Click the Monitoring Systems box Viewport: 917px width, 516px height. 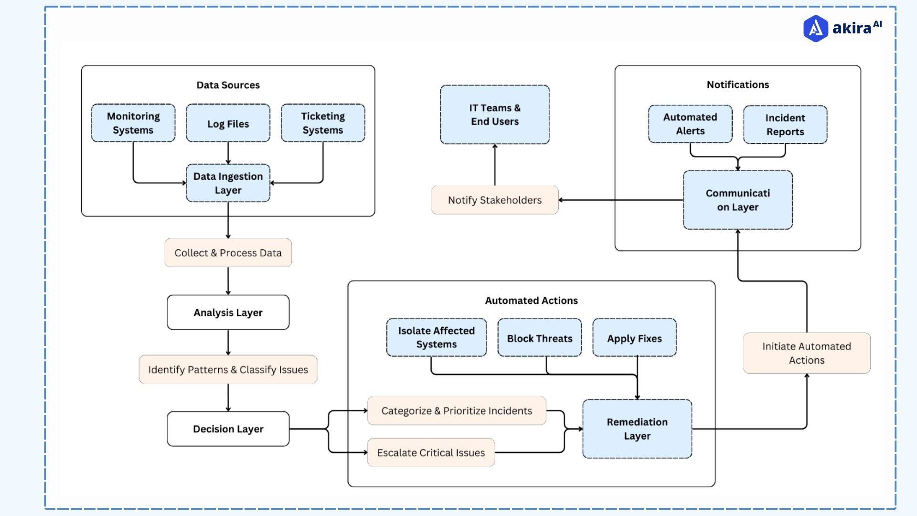point(133,123)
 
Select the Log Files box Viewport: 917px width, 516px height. point(228,123)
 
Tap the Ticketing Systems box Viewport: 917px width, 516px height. point(323,123)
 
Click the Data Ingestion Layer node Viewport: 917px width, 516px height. point(228,183)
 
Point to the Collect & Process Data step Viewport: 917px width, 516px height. point(228,253)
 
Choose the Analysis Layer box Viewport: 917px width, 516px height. point(228,312)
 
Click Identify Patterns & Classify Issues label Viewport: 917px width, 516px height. point(228,369)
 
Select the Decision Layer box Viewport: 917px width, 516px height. point(228,429)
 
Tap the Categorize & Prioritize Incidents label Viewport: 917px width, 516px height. point(457,411)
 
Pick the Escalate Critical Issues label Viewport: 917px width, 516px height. point(431,452)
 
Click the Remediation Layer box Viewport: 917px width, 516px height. point(637,429)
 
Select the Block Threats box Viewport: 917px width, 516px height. point(540,338)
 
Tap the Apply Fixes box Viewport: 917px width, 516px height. point(634,338)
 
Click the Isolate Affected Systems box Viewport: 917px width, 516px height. point(437,337)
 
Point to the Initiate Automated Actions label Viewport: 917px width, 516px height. point(807,353)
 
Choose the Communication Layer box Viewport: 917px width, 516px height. point(738,200)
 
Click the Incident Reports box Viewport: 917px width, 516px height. point(785,125)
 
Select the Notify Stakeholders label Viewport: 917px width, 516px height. point(495,200)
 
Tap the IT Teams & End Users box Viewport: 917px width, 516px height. point(495,115)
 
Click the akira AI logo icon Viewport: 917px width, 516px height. point(816,29)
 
